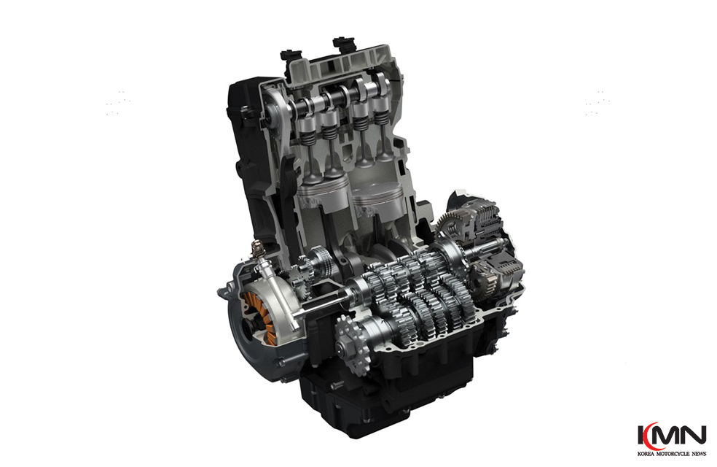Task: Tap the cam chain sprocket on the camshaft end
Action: (x=273, y=111)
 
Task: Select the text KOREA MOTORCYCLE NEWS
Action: (x=672, y=454)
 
